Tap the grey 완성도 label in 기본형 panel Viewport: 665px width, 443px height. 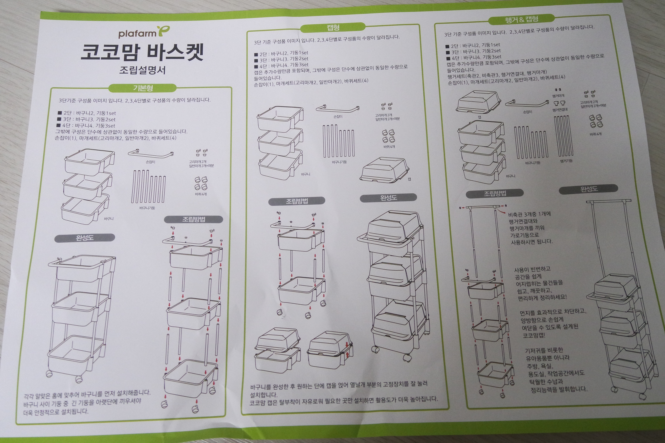(x=85, y=238)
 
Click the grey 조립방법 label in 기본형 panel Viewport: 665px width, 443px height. (x=193, y=219)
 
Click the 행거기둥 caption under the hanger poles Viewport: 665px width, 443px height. (x=566, y=161)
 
